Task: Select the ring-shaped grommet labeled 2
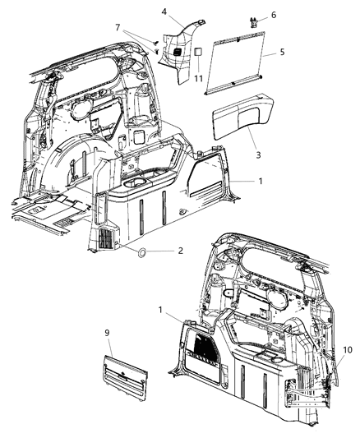pyautogui.click(x=141, y=251)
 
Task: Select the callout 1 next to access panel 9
pyautogui.click(x=160, y=310)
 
